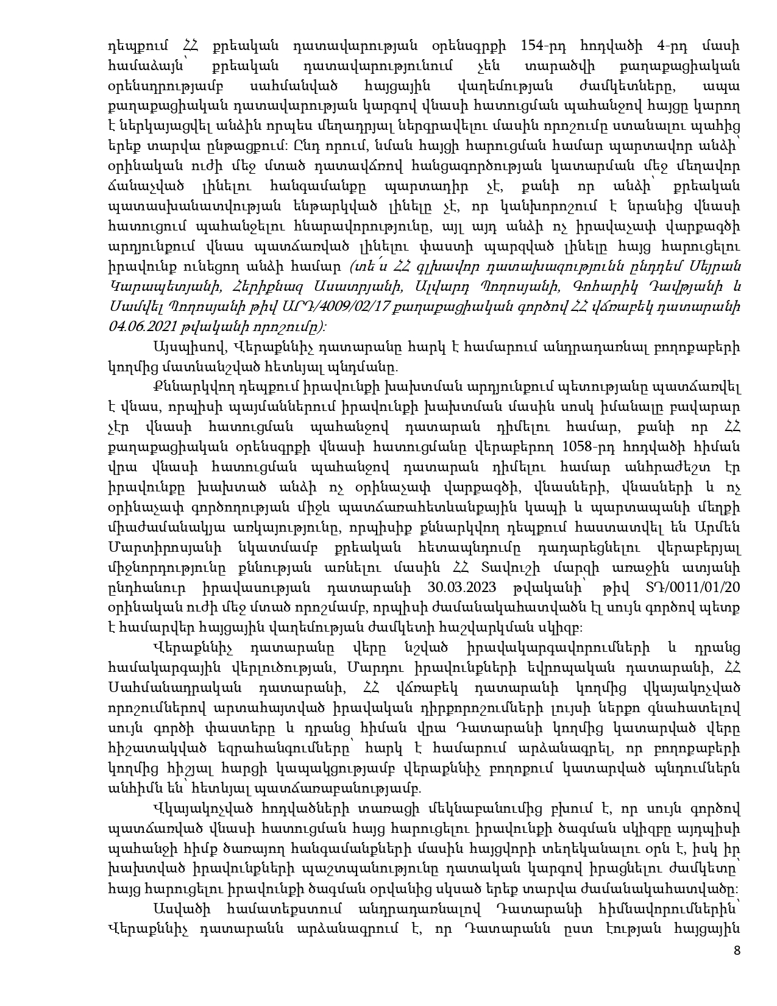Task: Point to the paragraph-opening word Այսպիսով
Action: [x=186, y=348]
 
